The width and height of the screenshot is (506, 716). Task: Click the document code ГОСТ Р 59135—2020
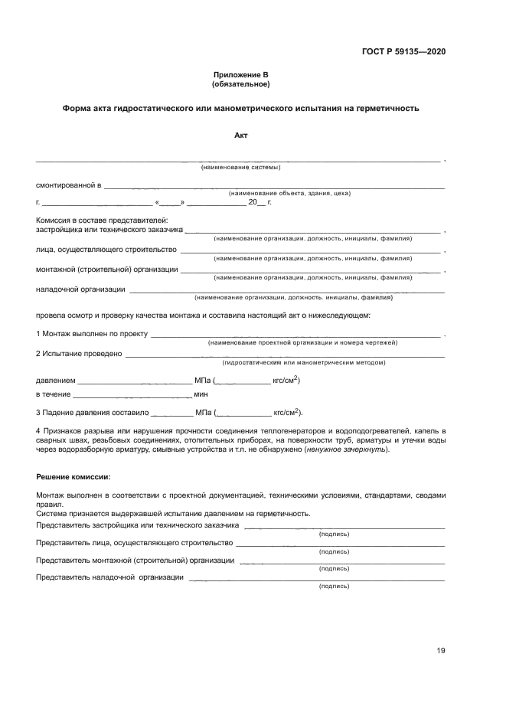tap(403, 51)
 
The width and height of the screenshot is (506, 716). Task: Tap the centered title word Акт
tap(240, 136)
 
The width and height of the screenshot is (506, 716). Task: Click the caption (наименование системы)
tap(240, 167)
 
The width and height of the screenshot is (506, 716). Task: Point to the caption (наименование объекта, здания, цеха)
tap(289, 193)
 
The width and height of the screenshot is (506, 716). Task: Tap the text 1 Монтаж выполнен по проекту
tap(92, 334)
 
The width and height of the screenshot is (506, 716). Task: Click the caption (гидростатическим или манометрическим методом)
tap(303, 362)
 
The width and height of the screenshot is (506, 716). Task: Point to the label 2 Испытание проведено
tap(79, 354)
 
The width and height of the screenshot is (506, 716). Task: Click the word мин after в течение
tap(201, 394)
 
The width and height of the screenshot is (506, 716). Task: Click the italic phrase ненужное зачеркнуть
tap(344, 449)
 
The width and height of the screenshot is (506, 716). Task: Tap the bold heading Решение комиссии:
tap(73, 477)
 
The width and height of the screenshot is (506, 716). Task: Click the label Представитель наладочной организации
tap(109, 577)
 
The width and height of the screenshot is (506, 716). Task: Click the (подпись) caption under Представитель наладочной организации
tap(334, 586)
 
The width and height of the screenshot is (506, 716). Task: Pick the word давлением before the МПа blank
tap(55, 380)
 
